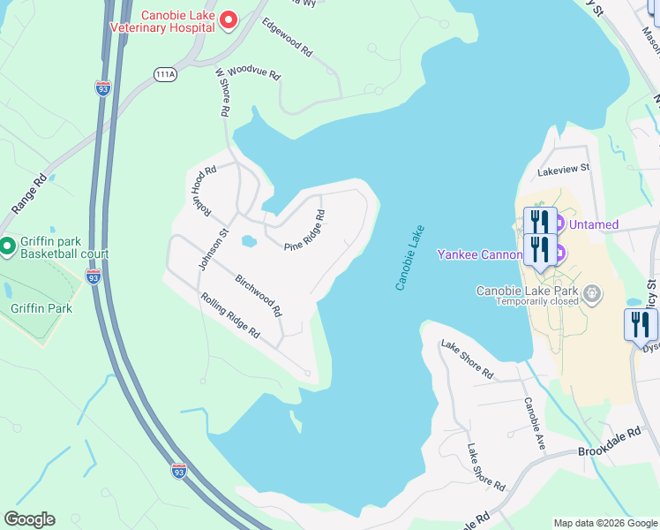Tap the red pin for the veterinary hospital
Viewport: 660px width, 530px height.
229,19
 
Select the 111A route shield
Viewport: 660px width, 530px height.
164,75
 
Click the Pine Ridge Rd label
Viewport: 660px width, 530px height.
304,230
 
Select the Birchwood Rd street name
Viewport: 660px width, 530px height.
259,295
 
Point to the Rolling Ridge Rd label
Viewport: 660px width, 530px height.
230,315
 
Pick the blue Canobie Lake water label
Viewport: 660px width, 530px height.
409,257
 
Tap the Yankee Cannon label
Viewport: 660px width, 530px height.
480,254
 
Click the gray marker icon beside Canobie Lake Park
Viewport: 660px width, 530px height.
593,291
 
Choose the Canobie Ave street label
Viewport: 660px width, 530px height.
535,424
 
